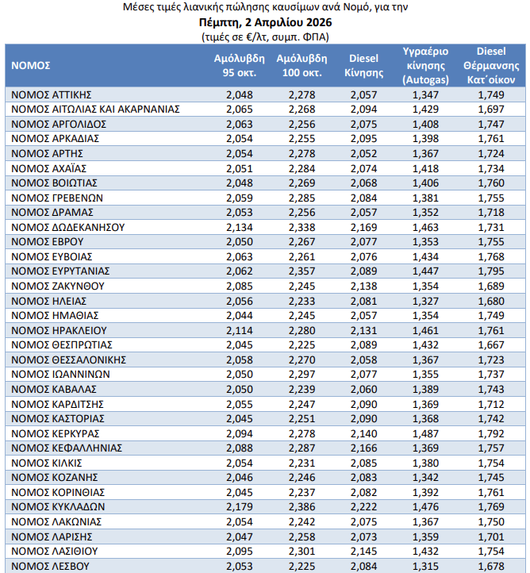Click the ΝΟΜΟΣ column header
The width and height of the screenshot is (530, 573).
tap(32, 65)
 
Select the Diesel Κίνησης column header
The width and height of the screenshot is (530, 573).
tap(364, 65)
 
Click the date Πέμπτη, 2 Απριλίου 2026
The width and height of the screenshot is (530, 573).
tap(265, 21)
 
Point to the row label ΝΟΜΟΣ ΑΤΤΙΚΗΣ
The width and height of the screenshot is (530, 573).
tap(54, 94)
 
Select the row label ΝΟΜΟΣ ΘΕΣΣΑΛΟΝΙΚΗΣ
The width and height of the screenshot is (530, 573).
tap(70, 360)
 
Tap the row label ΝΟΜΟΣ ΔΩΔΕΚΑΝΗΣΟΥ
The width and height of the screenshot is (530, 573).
tap(69, 227)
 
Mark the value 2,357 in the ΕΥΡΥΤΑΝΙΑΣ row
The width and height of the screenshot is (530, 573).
tap(301, 271)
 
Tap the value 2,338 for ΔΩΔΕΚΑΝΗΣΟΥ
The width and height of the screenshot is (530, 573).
tap(301, 227)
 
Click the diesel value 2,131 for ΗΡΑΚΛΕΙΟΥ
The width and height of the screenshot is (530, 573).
tap(364, 330)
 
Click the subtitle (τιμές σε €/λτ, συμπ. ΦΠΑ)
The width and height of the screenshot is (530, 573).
tap(265, 36)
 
